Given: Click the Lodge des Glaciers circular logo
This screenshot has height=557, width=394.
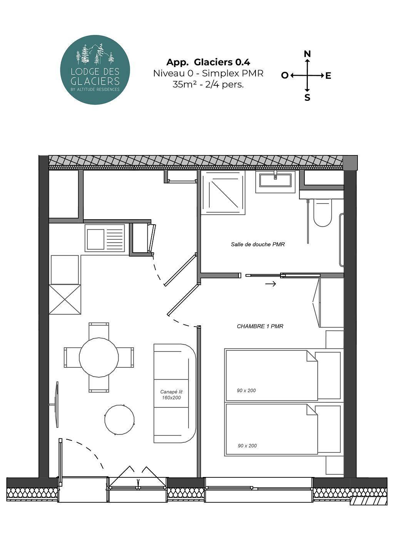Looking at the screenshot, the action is (x=95, y=70).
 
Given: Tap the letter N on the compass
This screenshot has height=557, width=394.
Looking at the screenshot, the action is (x=307, y=54).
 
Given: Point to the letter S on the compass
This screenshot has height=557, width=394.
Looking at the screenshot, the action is (x=307, y=98).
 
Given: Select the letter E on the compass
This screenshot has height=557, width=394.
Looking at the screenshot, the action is (x=328, y=76).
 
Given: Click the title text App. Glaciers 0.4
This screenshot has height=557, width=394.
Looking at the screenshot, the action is (x=208, y=62).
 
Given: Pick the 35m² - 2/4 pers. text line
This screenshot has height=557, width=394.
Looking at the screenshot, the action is (x=208, y=85).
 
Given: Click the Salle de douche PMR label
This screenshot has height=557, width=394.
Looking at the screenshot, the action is (x=258, y=244).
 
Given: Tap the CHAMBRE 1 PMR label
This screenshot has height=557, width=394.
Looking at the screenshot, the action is (x=260, y=326).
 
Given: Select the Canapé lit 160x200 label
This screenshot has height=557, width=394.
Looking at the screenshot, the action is (x=171, y=395).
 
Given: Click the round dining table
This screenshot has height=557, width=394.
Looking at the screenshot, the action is (x=99, y=357).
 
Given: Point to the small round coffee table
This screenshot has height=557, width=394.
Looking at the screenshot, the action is (x=120, y=420).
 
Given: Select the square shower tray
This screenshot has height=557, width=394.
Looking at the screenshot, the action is (x=223, y=193).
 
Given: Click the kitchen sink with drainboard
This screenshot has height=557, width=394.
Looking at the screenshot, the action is (x=105, y=238).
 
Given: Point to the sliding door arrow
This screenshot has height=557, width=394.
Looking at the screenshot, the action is (x=270, y=284).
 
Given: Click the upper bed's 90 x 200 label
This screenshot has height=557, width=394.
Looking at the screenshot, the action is (x=246, y=390).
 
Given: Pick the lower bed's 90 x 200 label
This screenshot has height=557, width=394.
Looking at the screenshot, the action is (x=247, y=446).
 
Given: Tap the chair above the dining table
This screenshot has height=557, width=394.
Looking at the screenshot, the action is (x=99, y=330).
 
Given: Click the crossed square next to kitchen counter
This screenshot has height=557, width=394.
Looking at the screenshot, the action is (x=65, y=299).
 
